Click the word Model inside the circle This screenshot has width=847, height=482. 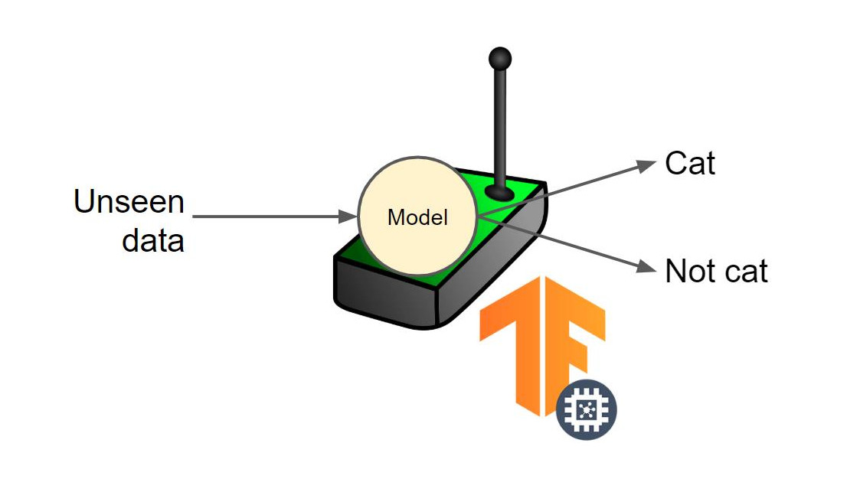[417, 217]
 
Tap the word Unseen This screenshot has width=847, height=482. [129, 203]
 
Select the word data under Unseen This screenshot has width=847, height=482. [153, 241]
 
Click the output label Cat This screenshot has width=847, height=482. [690, 163]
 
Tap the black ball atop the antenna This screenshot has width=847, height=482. [499, 57]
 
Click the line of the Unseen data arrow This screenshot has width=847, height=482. [268, 217]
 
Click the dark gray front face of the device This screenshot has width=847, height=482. [383, 295]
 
